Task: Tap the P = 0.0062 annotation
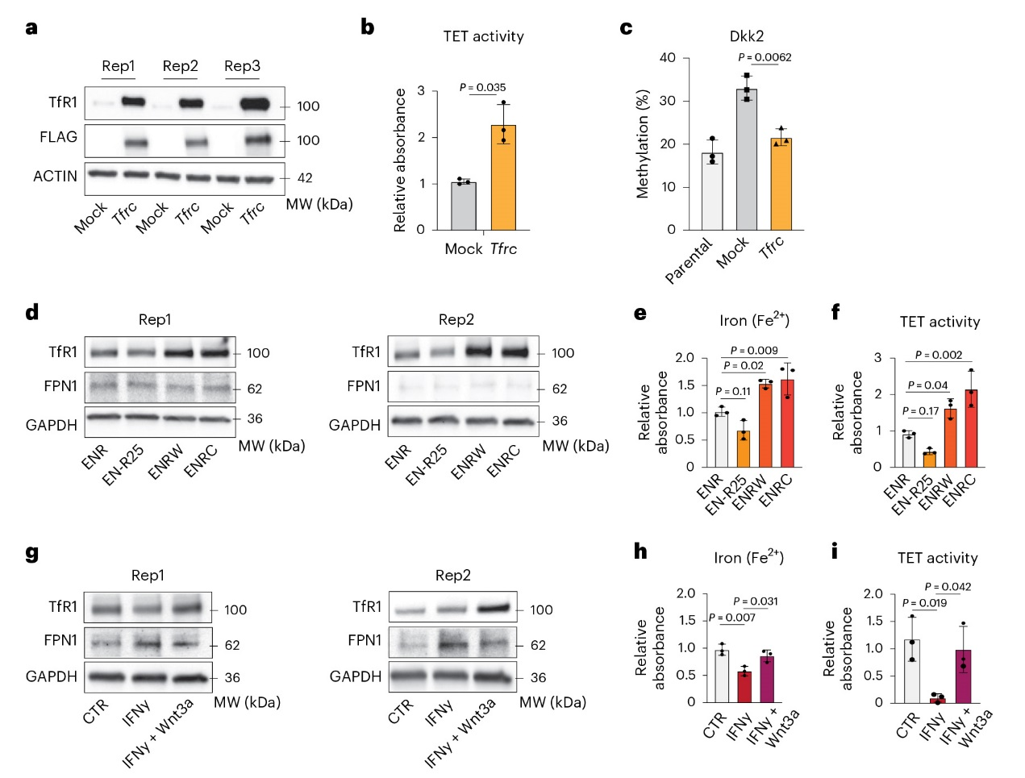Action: (x=765, y=57)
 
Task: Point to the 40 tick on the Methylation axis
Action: (x=667, y=58)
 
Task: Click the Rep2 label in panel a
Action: (x=180, y=66)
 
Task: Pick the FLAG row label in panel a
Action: (x=59, y=137)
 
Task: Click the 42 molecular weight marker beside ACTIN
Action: (x=305, y=177)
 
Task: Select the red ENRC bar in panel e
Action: (x=787, y=422)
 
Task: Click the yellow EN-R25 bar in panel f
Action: (x=930, y=459)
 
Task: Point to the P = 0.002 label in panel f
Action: (x=939, y=355)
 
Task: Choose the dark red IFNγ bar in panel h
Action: (x=744, y=686)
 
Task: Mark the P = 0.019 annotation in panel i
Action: (x=924, y=603)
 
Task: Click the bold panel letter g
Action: (x=32, y=553)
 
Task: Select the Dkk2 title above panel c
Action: (x=746, y=36)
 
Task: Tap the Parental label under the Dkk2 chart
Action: (x=689, y=260)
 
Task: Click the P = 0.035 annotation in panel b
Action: (x=482, y=87)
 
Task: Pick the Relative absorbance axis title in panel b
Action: (x=400, y=160)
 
